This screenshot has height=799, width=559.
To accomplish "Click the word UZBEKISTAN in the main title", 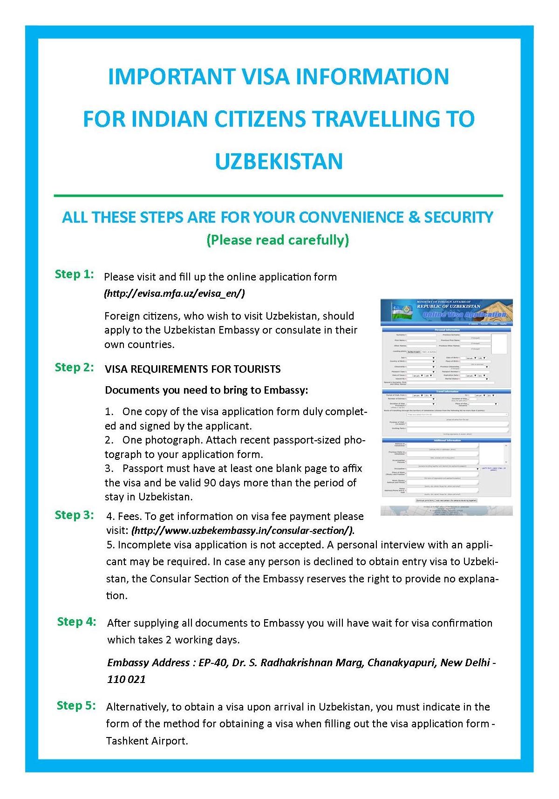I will click(x=279, y=161).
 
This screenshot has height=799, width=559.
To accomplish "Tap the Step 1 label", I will click(x=75, y=274).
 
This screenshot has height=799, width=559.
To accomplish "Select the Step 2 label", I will click(x=75, y=367).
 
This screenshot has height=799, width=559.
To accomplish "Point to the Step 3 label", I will click(x=75, y=515).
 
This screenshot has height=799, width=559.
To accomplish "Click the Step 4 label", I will click(x=76, y=621).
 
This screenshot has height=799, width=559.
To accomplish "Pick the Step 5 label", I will click(x=76, y=705).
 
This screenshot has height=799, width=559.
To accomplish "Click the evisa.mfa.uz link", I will click(x=174, y=294).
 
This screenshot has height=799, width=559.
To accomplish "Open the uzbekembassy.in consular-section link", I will click(x=243, y=530).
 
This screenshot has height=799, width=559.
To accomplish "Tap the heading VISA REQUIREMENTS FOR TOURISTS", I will click(x=193, y=369).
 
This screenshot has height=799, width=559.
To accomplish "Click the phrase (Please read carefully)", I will click(x=278, y=240).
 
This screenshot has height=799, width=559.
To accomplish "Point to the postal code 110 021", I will click(x=126, y=679).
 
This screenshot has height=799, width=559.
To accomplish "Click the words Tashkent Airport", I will click(x=147, y=741).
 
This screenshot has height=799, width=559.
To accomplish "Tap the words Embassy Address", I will click(x=148, y=662).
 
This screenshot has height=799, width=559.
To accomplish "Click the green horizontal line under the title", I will click(x=279, y=195).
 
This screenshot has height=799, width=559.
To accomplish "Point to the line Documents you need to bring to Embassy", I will click(x=206, y=390).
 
